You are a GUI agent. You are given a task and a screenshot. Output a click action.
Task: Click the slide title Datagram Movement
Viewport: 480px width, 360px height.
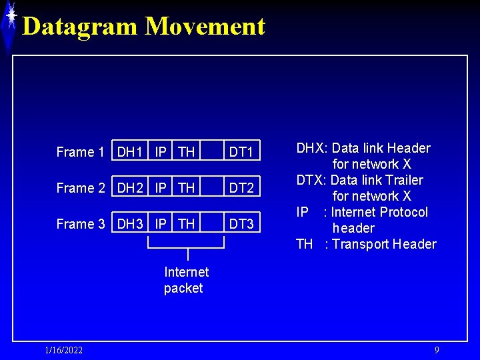pyautogui.click(x=143, y=27)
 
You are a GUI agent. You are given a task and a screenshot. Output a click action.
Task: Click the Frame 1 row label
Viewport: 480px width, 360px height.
pyautogui.click(x=80, y=152)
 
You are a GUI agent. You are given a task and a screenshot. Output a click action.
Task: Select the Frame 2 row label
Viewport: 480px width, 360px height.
pyautogui.click(x=80, y=188)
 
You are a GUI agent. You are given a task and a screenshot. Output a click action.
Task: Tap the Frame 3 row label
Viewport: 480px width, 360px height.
pyautogui.click(x=80, y=224)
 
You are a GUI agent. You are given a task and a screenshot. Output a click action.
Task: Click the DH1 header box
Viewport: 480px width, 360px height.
pyautogui.click(x=130, y=152)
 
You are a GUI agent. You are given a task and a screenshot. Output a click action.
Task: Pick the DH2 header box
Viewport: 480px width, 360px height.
pyautogui.click(x=130, y=188)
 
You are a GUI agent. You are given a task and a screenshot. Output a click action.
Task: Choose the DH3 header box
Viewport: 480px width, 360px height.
pyautogui.click(x=130, y=224)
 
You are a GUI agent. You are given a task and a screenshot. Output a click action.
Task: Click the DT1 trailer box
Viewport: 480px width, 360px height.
pyautogui.click(x=241, y=152)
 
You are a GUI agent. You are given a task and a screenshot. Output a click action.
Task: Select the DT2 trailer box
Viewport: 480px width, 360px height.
pyautogui.click(x=241, y=188)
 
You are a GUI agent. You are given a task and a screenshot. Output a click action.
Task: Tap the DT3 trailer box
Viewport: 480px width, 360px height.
pyautogui.click(x=241, y=224)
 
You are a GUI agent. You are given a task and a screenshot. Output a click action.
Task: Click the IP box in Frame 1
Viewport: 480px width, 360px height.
pyautogui.click(x=161, y=152)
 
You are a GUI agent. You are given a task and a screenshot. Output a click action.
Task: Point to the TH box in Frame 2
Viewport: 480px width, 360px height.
pyautogui.click(x=187, y=188)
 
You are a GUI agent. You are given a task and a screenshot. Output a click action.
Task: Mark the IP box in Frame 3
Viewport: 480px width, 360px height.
pyautogui.click(x=161, y=224)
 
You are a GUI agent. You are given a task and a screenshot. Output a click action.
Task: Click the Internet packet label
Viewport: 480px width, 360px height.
pyautogui.click(x=186, y=280)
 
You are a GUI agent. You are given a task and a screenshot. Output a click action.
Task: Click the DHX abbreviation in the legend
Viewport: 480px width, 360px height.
pyautogui.click(x=311, y=148)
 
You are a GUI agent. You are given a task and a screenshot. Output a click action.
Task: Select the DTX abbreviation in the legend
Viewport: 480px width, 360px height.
pyautogui.click(x=311, y=180)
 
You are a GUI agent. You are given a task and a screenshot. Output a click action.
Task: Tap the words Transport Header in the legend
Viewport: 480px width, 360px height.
pyautogui.click(x=384, y=244)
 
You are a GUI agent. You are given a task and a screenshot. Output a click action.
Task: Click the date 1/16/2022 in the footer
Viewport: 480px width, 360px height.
pyautogui.click(x=64, y=351)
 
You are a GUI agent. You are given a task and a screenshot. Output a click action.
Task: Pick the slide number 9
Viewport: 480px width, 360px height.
pyautogui.click(x=437, y=350)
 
